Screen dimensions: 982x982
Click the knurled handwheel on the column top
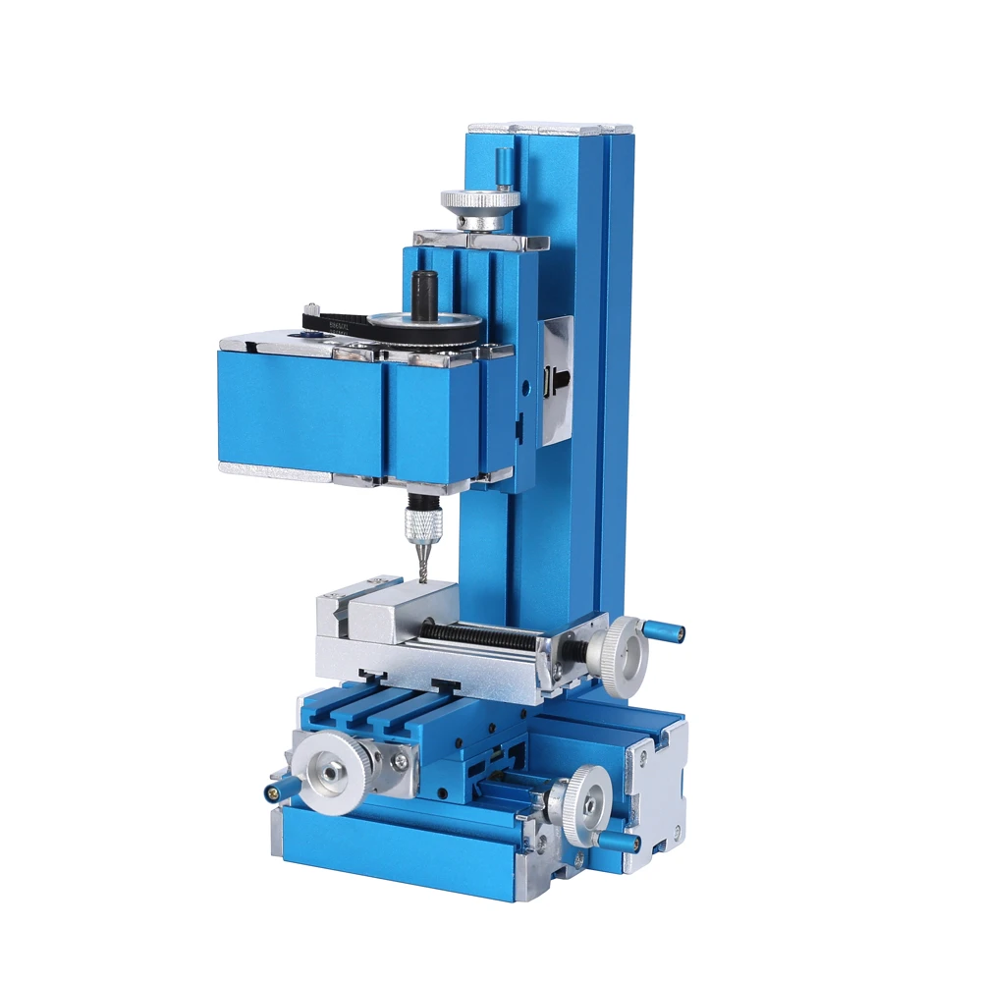click(x=479, y=200)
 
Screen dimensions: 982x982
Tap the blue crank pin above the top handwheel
click(x=503, y=168)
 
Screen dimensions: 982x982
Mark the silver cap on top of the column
click(x=550, y=129)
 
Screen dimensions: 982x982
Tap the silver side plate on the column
click(x=557, y=378)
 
